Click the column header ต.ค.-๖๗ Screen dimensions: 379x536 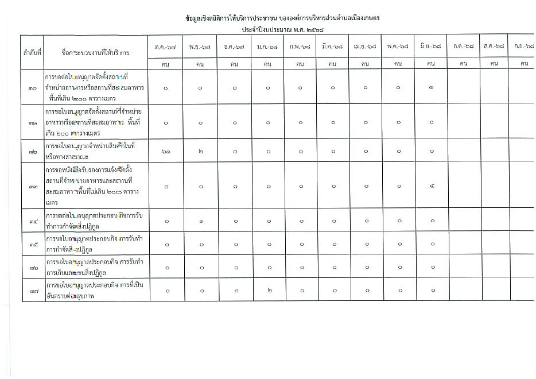pyautogui.click(x=166, y=47)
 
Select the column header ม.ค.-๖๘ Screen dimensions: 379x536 pyautogui.click(x=267, y=47)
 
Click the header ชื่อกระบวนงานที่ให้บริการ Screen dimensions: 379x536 pyautogui.click(x=95, y=52)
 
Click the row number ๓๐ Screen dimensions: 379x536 pyautogui.click(x=33, y=88)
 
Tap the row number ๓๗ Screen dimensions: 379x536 pyautogui.click(x=33, y=291)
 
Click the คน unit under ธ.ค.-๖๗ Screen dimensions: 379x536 pyautogui.click(x=234, y=64)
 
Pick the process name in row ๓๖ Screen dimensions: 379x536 pyautogui.click(x=94, y=267)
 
